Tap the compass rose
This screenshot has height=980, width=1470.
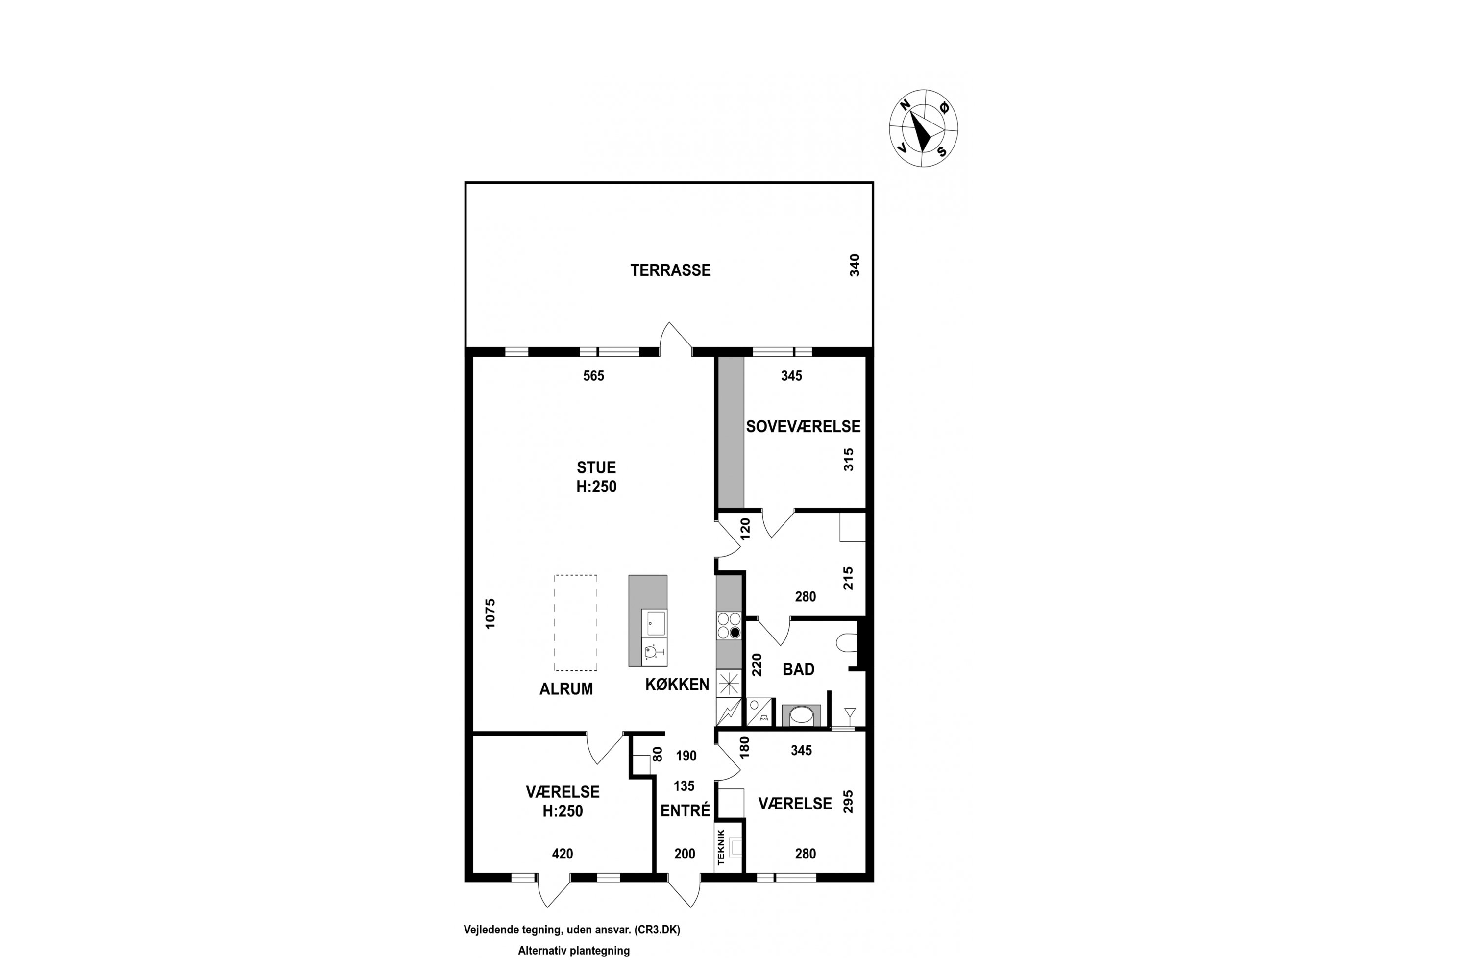coord(923,128)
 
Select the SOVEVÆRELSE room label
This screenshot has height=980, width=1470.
coord(803,426)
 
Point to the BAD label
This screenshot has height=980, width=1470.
coord(798,669)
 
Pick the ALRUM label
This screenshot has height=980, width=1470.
coord(566,689)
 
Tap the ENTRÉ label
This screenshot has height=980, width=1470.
coord(686,810)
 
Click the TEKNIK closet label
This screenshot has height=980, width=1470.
coord(721,847)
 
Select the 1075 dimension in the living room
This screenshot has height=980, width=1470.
coord(490,614)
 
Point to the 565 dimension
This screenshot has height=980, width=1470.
coord(594,376)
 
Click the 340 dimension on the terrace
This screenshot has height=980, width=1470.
coord(855,265)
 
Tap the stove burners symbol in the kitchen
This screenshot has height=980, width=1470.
coord(729,625)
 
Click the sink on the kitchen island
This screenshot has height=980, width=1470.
coord(656,623)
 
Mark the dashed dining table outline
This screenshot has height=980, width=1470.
coord(576,622)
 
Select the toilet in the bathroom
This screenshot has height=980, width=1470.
coord(846,642)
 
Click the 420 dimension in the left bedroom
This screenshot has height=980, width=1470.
coord(563,853)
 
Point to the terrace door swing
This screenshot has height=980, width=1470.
coord(676,338)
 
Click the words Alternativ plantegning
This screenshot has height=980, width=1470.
coord(574,951)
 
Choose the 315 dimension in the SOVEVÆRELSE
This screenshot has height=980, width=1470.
coord(848,460)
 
